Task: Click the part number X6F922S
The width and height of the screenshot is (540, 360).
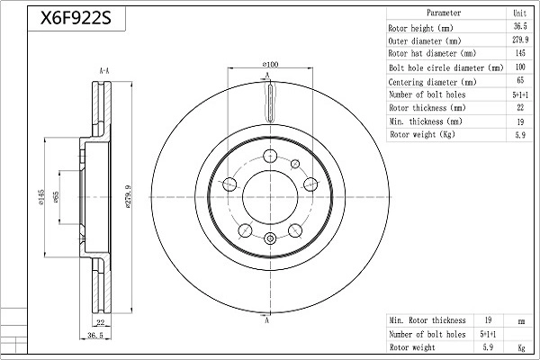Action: tap(76, 18)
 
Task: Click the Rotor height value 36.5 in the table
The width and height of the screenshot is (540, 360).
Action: tap(520, 26)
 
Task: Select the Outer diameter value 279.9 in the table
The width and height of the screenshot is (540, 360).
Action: tap(520, 40)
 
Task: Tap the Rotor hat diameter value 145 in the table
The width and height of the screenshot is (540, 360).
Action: tap(520, 53)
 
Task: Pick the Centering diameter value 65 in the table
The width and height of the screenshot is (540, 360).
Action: tap(520, 80)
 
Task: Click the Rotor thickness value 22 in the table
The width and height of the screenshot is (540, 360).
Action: tap(520, 107)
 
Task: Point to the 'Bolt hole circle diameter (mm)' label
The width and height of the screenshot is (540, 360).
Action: tap(446, 67)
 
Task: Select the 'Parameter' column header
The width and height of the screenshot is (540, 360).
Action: tap(444, 13)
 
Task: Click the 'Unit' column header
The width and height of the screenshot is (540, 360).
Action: tap(520, 13)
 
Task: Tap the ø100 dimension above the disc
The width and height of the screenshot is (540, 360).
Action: tap(270, 64)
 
